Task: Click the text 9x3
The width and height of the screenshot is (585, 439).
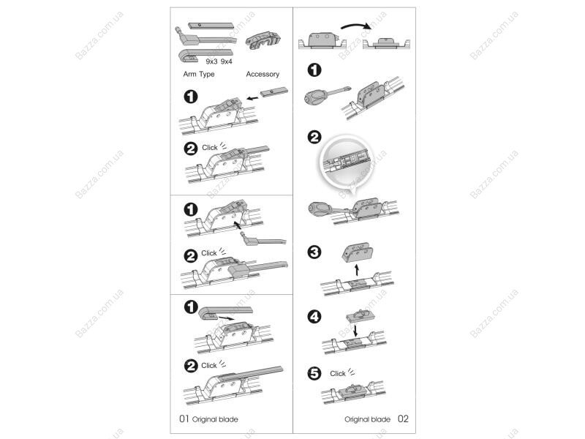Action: [x=211, y=61]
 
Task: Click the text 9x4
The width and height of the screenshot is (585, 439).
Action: [x=226, y=61]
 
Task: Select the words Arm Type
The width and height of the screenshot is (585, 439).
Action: [x=199, y=75]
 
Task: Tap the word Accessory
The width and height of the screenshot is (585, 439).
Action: [x=263, y=75]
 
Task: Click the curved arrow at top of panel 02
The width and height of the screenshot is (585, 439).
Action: [x=355, y=26]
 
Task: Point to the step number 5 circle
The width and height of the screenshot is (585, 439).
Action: [x=314, y=373]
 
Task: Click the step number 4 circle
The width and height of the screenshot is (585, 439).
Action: [x=314, y=317]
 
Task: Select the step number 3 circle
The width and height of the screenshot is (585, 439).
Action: [x=314, y=252]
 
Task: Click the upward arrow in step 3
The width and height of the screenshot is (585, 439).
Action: [x=357, y=269]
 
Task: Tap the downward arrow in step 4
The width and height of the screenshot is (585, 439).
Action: [x=355, y=330]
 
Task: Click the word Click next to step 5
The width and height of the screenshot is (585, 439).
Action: [x=338, y=373]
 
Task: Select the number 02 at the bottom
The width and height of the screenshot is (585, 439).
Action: [x=403, y=419]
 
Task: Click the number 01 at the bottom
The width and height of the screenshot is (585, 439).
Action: [x=184, y=419]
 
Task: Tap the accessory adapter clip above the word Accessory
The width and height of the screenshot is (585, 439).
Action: [x=263, y=40]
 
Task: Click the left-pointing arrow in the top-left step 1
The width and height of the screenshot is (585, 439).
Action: [x=252, y=99]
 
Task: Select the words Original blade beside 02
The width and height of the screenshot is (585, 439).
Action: [x=368, y=419]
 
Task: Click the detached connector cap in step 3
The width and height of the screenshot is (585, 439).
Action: [x=357, y=252]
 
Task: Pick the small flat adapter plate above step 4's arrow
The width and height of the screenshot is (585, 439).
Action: [x=360, y=317]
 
